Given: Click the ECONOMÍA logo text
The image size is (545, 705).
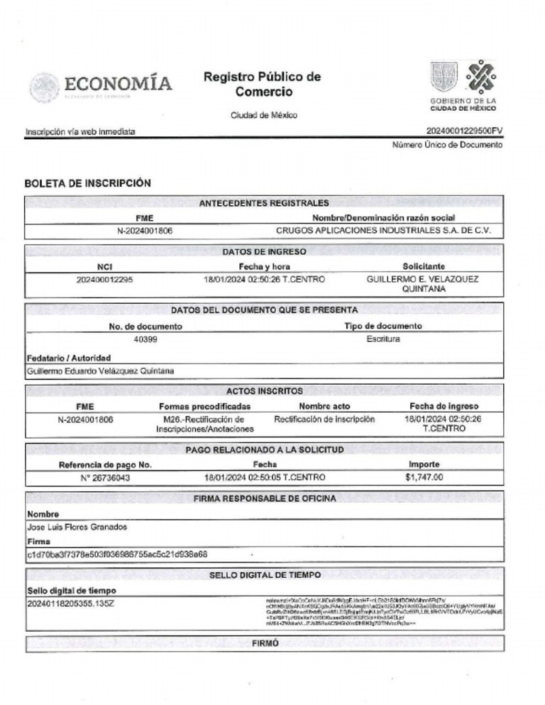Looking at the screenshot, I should click(x=119, y=83).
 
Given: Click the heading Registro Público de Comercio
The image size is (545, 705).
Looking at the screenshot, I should click(x=262, y=84).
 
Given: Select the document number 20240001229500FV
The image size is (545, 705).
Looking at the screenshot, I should click(x=465, y=131).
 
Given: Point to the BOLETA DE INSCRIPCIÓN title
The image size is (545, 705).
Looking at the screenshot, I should click(x=88, y=182).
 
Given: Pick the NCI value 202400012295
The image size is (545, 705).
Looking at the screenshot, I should click(x=104, y=279).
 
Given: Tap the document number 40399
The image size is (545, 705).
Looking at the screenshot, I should click(x=145, y=339).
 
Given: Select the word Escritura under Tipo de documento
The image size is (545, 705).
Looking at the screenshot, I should click(x=383, y=339).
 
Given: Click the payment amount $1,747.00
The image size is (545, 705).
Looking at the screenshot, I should click(x=424, y=477).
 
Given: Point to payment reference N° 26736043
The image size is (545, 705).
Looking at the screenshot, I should click(x=106, y=477).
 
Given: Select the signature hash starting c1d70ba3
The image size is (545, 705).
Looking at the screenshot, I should click(x=117, y=554).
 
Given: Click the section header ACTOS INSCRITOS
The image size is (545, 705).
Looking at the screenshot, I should click(x=265, y=390).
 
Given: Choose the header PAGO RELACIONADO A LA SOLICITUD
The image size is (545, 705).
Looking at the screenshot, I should click(x=265, y=450).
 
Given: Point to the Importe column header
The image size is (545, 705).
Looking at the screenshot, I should click(x=424, y=464).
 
